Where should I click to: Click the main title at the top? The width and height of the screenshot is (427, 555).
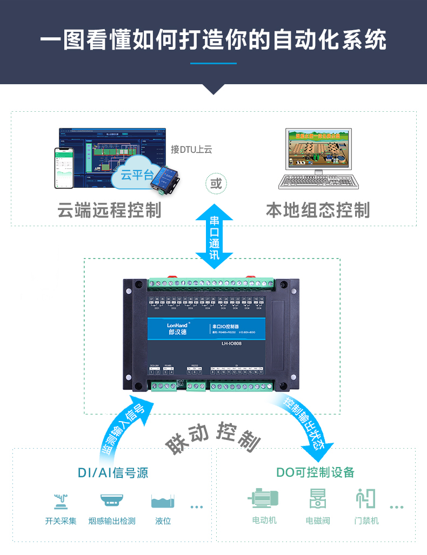213,40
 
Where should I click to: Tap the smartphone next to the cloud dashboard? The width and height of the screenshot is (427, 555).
64,167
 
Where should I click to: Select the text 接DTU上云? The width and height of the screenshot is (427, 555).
191,149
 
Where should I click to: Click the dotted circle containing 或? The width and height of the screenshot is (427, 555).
216,184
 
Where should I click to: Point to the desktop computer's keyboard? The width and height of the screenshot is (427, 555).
318,181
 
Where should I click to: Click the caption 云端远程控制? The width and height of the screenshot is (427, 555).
110,210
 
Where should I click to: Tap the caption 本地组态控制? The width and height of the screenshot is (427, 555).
318,210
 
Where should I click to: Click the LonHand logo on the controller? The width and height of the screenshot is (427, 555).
175,325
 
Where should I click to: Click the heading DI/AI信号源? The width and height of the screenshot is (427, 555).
113,473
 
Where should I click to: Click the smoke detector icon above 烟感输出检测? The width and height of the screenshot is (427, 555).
112,500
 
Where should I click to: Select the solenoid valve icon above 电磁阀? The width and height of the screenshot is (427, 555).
317,499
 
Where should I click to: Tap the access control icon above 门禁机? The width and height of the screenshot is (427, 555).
366,498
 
